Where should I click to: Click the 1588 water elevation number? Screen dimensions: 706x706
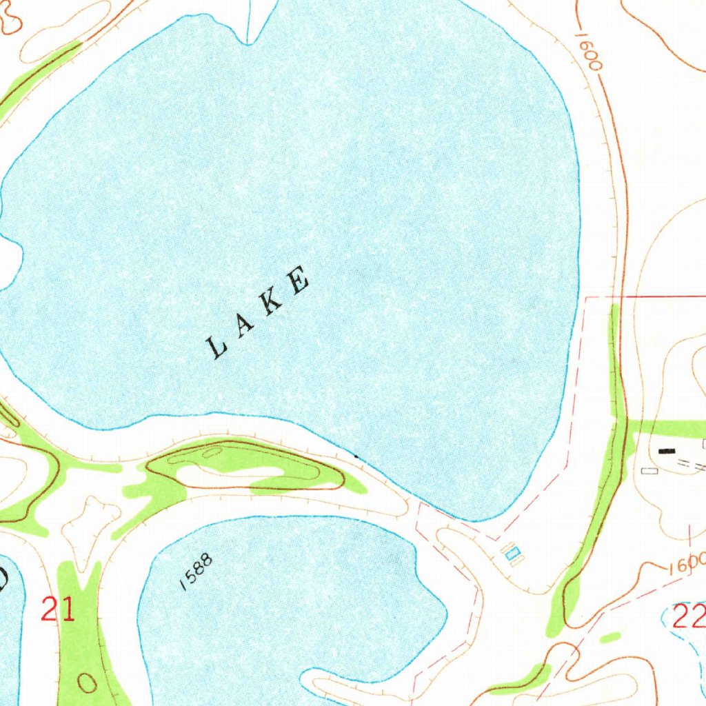(196, 572)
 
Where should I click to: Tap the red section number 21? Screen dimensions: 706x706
(58, 609)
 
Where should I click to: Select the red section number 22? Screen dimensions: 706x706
(689, 616)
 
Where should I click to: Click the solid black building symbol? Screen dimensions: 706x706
(667, 451)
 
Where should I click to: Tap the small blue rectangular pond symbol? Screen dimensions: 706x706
(512, 552)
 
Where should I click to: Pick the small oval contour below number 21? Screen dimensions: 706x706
(88, 683)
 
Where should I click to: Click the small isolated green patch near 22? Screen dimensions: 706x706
(609, 638)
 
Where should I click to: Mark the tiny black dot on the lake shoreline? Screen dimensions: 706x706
(356, 456)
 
